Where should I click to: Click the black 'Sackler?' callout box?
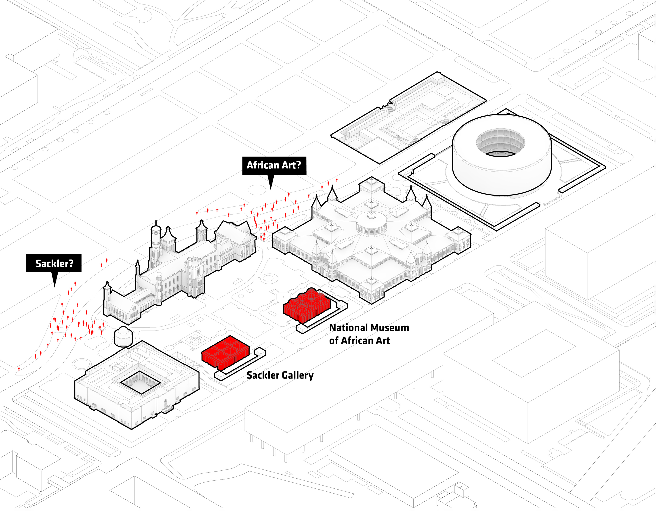tap(54, 263)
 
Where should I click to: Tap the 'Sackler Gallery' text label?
tap(280, 375)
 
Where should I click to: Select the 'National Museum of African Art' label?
tap(369, 334)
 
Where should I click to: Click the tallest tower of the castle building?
tap(156, 237)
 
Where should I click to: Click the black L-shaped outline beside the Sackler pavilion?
tap(240, 365)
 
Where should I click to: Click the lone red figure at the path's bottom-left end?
tap(19, 368)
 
